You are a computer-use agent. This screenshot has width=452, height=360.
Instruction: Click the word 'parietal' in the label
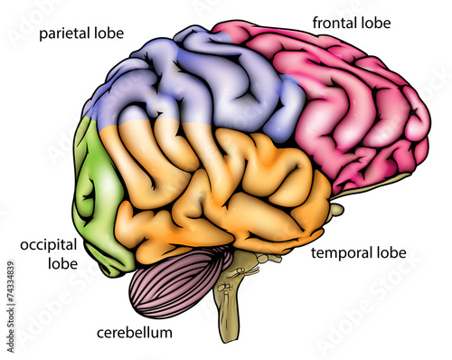pos(67,34)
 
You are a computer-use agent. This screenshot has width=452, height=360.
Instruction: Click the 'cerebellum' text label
pos(134,333)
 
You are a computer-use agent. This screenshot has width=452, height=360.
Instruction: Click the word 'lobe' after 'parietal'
pos(109,34)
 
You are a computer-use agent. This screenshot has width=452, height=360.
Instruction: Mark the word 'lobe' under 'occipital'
pos(61,264)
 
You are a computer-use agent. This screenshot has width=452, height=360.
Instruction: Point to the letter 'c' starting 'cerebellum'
pos(100,334)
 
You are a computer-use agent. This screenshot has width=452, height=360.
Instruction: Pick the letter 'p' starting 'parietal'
pos(42,36)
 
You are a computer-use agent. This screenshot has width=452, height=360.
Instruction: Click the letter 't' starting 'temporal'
pos(314,252)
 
